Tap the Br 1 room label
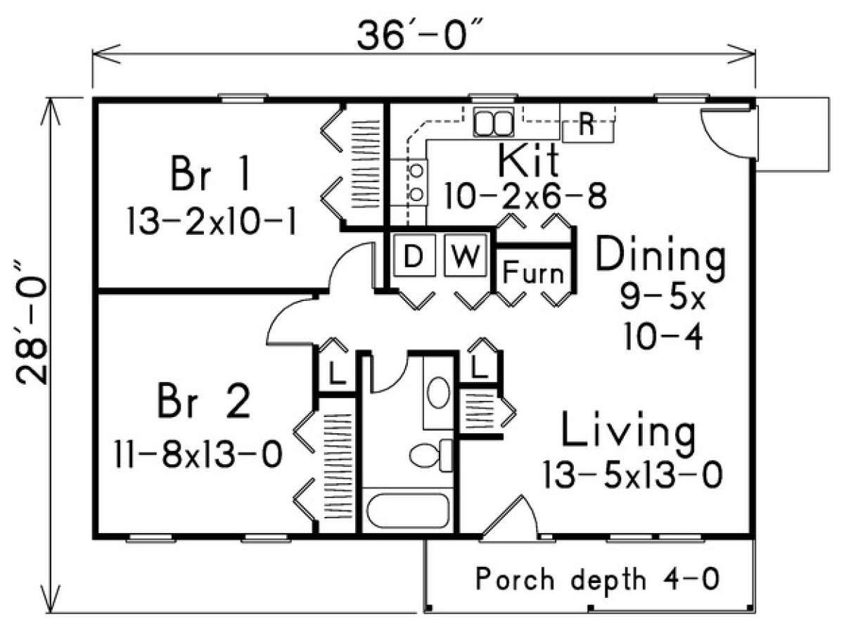[211, 173]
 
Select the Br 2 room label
[204, 402]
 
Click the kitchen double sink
[493, 122]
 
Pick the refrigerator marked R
[587, 128]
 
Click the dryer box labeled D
[414, 255]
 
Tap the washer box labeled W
[466, 255]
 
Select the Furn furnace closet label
[533, 272]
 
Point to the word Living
[628, 430]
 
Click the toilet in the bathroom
[430, 455]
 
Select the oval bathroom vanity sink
[438, 392]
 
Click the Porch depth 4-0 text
[598, 580]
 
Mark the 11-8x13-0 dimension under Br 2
[198, 454]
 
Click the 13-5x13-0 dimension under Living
[632, 475]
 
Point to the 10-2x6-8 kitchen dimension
[525, 196]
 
